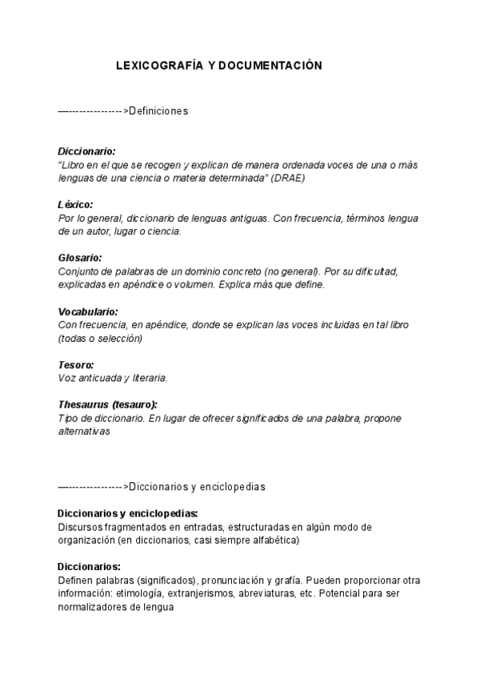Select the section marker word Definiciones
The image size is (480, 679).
(158, 111)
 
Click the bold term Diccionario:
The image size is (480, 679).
(87, 151)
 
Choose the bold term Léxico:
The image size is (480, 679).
(76, 205)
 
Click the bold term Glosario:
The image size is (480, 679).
(80, 259)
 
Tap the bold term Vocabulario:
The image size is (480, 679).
(88, 311)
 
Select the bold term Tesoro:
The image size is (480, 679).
(76, 365)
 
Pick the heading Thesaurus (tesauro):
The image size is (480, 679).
(108, 405)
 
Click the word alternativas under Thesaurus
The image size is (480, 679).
(83, 431)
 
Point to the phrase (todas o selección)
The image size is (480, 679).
(100, 338)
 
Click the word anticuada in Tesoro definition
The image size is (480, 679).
(102, 378)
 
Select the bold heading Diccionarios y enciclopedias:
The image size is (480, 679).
(128, 513)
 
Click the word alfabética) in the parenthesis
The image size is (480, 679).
(274, 540)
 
